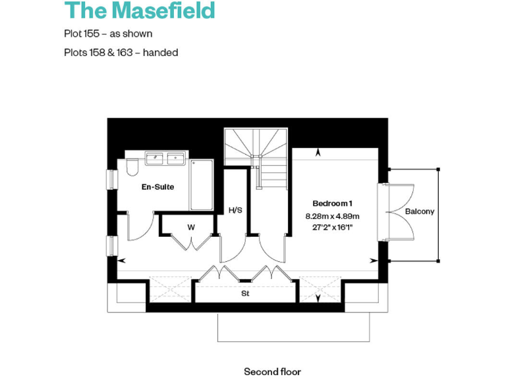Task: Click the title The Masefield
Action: pos(140,11)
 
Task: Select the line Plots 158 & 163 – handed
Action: pos(121,52)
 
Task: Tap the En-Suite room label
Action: pos(157,187)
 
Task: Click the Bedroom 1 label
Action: pos(333,203)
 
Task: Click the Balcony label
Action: pos(420,211)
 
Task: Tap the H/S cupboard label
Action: pos(235,210)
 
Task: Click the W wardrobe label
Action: pos(191,227)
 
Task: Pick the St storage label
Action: pos(245,294)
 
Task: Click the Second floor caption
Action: pos(272,372)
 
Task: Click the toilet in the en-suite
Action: pos(130,168)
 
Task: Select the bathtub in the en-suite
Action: pos(202,184)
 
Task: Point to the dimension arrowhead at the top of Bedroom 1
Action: pos(320,153)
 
